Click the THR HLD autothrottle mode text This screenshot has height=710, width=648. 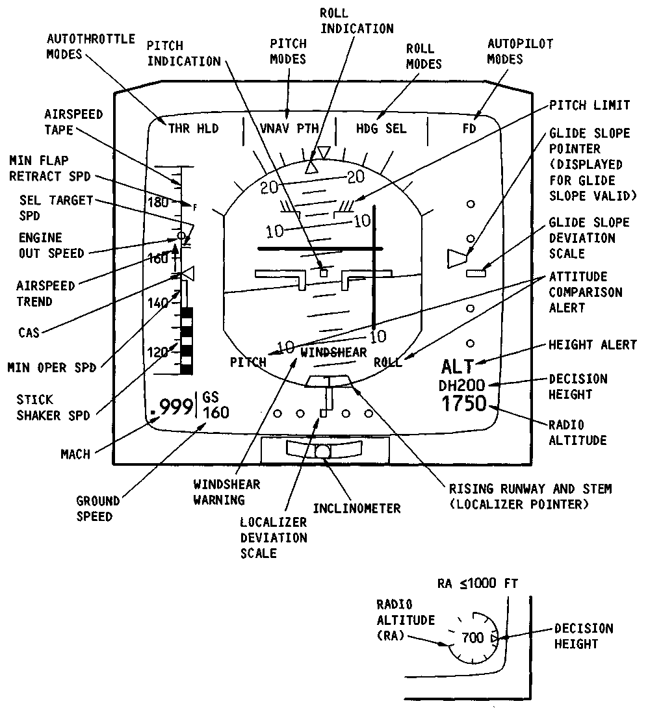[x=193, y=129]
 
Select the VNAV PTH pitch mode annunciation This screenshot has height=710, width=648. [x=289, y=129]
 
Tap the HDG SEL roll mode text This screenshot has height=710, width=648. [x=381, y=129]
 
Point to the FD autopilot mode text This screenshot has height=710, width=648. [x=469, y=129]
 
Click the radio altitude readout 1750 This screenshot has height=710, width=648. [x=464, y=403]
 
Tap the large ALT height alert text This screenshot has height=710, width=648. [x=458, y=366]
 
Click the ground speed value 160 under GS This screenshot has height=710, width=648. [x=216, y=412]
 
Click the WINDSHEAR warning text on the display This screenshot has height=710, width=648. [x=333, y=352]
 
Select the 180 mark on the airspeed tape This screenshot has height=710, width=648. [x=158, y=202]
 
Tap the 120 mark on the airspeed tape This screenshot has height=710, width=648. [x=158, y=352]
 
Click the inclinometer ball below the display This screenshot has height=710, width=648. [x=323, y=452]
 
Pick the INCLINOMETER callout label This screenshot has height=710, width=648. [x=356, y=508]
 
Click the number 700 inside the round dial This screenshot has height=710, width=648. [x=473, y=638]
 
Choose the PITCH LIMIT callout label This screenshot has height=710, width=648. [x=590, y=105]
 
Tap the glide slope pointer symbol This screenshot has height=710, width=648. [x=457, y=258]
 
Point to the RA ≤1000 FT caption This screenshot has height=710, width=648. [x=477, y=583]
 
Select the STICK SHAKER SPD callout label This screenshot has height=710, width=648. [x=54, y=407]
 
